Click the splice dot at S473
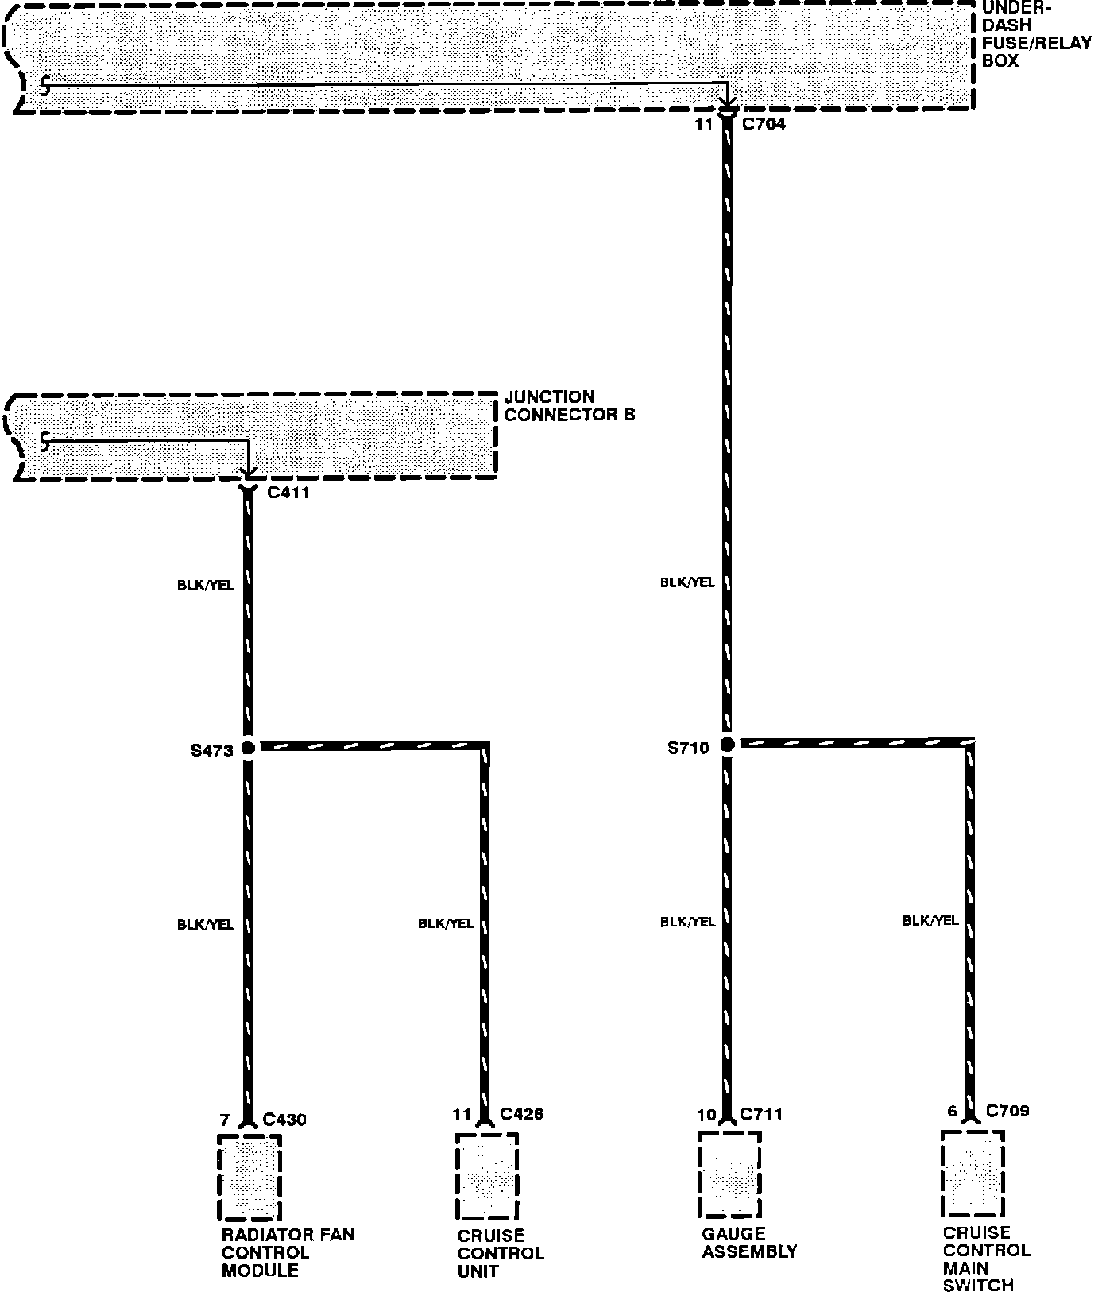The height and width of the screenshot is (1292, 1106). [x=248, y=748]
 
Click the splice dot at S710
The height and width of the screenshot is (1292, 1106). [x=727, y=745]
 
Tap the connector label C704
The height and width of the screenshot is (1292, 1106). [x=763, y=124]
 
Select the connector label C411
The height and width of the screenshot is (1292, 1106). [x=288, y=493]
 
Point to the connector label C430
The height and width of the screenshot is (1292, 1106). [x=284, y=1120]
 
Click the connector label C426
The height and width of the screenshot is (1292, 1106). [x=522, y=1114]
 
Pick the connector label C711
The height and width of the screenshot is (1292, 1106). [x=761, y=1115]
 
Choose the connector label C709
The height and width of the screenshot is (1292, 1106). [x=1007, y=1111]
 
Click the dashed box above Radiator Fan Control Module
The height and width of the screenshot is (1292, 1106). [x=249, y=1177]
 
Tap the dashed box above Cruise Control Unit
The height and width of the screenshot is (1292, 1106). [x=487, y=1176]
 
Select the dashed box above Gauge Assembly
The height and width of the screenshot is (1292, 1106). [x=729, y=1174]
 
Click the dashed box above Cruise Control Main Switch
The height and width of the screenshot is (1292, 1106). [x=973, y=1173]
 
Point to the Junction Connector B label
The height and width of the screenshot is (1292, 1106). [x=570, y=405]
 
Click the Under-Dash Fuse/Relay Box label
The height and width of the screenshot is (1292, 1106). [x=1036, y=34]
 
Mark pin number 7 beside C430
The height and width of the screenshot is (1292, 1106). [x=225, y=1120]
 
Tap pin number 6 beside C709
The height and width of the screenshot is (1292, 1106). [x=953, y=1112]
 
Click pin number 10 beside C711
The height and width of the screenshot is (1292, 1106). [x=706, y=1115]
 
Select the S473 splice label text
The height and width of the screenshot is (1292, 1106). [x=212, y=749]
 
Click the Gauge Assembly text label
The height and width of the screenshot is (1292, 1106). [x=748, y=1243]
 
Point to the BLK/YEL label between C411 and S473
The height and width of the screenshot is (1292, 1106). [x=206, y=586]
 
